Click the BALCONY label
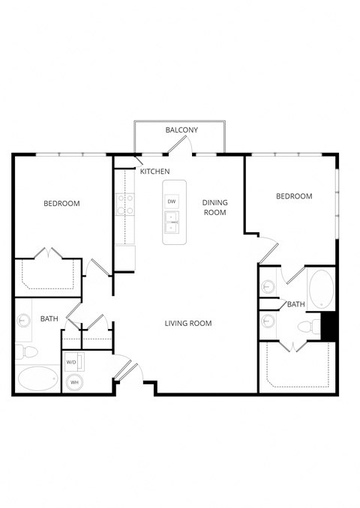click(x=181, y=130)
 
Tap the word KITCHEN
click(x=154, y=172)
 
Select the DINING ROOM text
click(x=214, y=208)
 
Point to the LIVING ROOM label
click(x=188, y=324)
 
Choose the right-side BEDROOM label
click(x=294, y=196)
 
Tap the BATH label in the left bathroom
click(x=49, y=319)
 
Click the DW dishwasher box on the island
click(x=172, y=202)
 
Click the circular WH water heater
click(x=74, y=382)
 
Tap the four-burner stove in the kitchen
click(x=124, y=205)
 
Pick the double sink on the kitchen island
click(x=172, y=223)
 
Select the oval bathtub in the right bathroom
click(x=320, y=288)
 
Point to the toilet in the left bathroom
click(x=28, y=351)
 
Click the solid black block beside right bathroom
click(x=328, y=326)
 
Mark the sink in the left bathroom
click(x=22, y=320)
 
